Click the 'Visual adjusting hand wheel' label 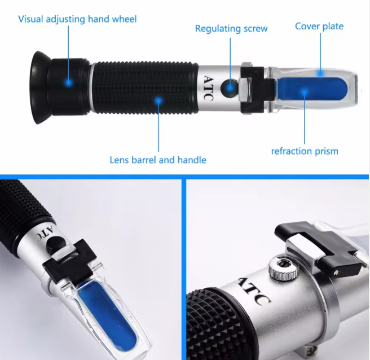pos(77,19)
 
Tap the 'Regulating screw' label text pos(231,29)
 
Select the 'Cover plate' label pos(319,26)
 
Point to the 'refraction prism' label pos(305,151)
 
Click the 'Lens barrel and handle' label pos(158,160)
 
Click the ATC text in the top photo pos(208,88)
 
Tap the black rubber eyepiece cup pos(40,87)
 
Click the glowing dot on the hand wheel pos(69,82)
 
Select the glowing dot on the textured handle pos(158,100)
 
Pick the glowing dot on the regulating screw pos(230,88)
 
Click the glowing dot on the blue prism pos(305,92)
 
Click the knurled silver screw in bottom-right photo pos(283,267)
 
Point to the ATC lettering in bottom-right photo pos(254,292)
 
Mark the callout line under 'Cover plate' pos(320,52)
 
